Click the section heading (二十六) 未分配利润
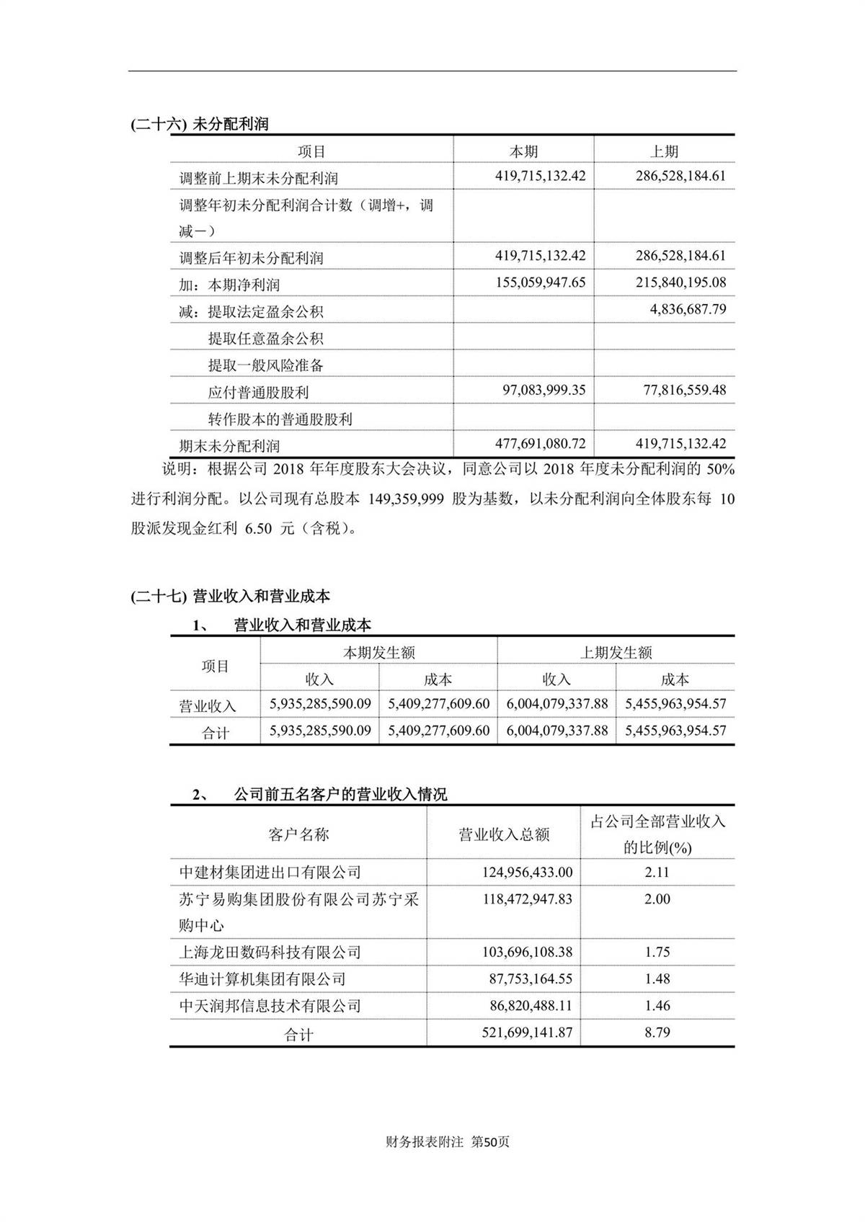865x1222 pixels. (200, 124)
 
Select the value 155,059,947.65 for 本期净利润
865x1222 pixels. (541, 282)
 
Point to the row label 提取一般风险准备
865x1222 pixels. (265, 365)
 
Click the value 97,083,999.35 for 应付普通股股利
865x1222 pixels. (544, 391)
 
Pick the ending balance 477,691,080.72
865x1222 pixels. (541, 444)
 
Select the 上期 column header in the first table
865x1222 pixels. (664, 151)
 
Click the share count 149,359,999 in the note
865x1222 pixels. (406, 499)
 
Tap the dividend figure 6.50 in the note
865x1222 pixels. (259, 528)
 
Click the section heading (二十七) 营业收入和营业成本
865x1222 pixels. (231, 596)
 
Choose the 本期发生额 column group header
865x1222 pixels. (378, 653)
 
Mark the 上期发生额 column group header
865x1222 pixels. (616, 653)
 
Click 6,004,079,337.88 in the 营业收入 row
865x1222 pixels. (556, 704)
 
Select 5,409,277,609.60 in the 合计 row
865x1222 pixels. (438, 731)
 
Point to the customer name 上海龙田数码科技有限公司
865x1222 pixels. (270, 953)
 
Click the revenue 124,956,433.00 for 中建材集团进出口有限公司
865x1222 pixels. (527, 873)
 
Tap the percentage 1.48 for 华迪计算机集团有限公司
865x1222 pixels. (657, 979)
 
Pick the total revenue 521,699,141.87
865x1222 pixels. (527, 1033)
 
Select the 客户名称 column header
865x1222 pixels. (298, 834)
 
